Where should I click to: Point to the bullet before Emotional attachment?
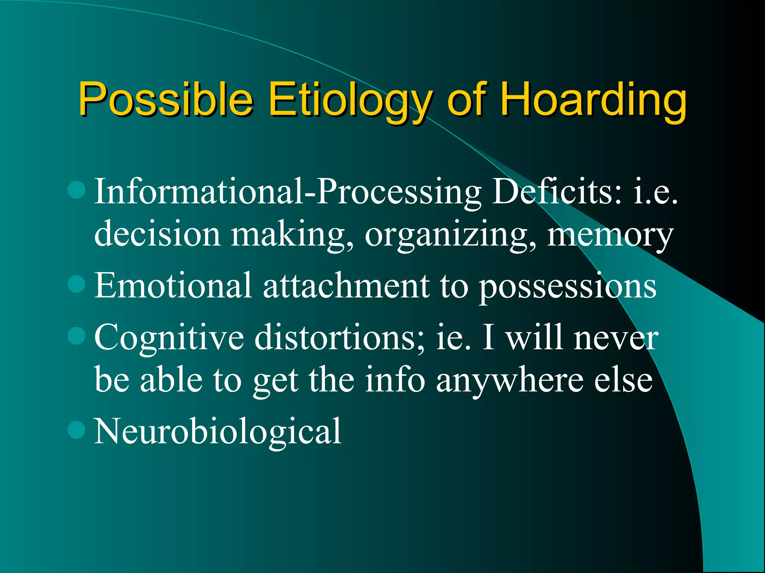click(x=77, y=284)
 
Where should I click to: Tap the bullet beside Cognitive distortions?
click(x=77, y=335)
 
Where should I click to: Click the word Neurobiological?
click(x=217, y=431)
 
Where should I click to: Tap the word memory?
click(x=610, y=235)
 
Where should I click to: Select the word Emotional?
click(x=173, y=285)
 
